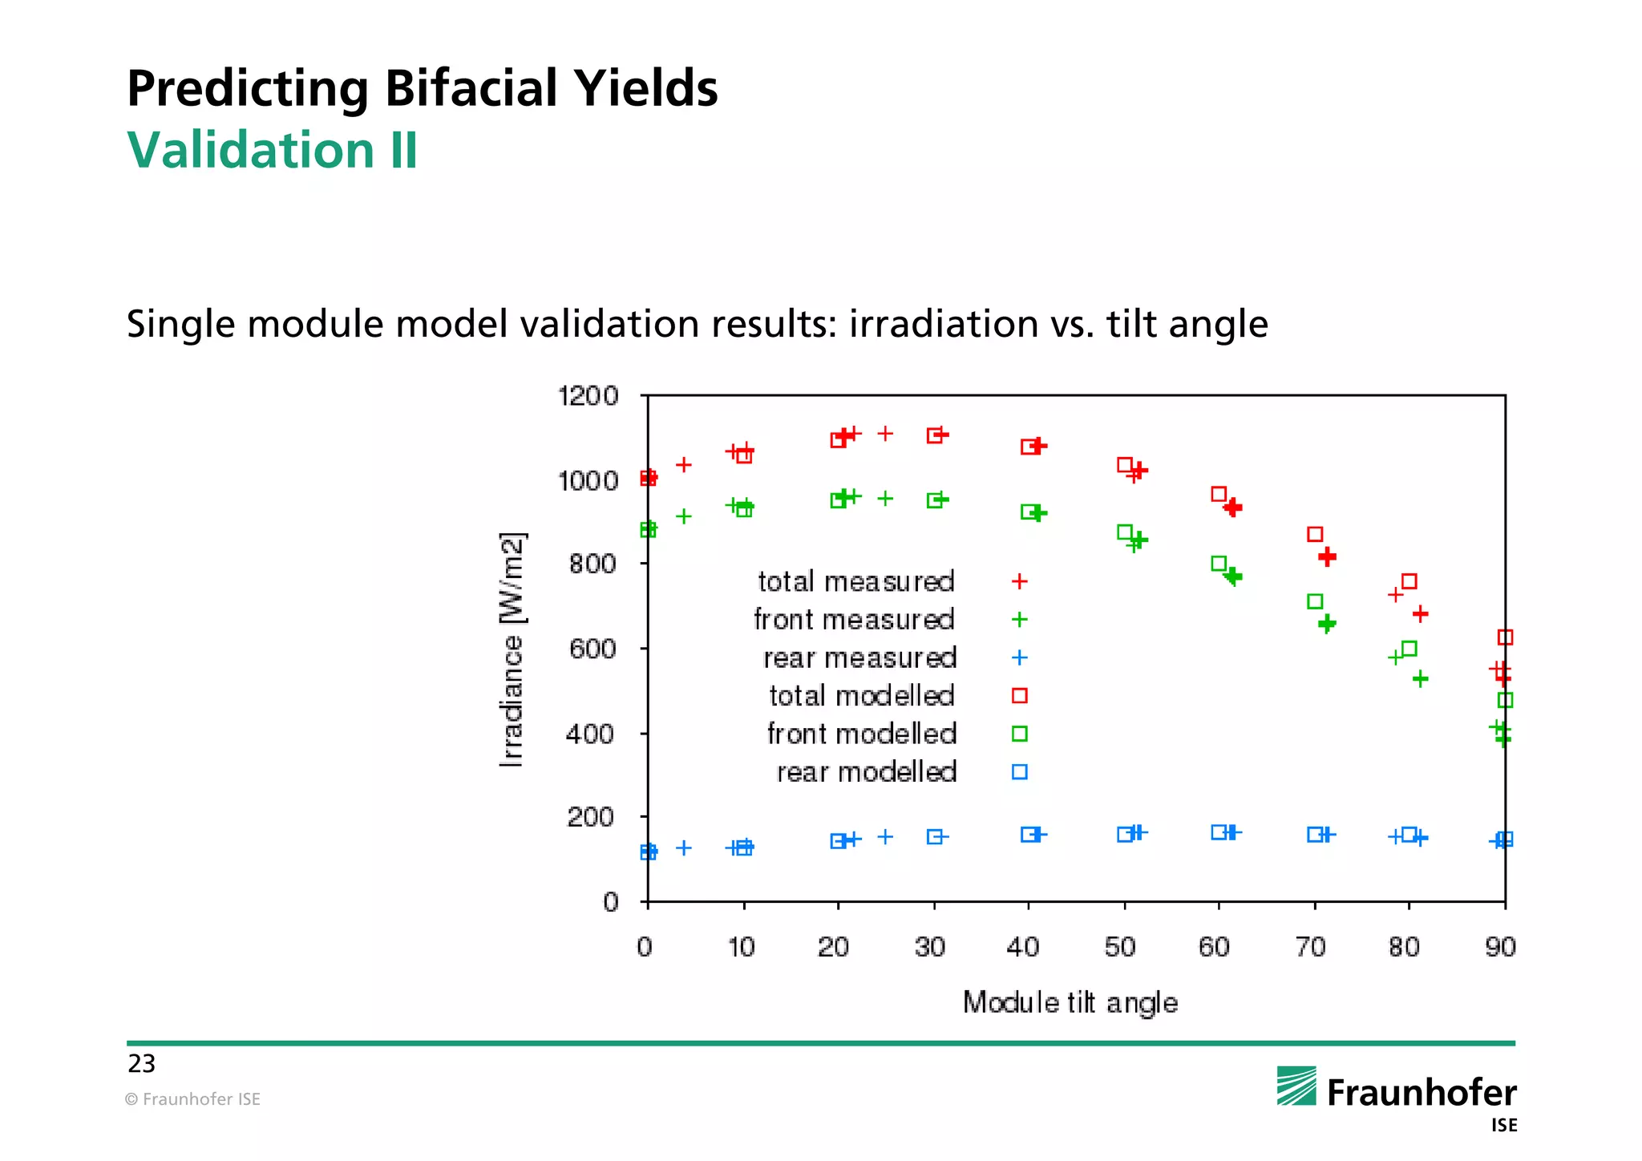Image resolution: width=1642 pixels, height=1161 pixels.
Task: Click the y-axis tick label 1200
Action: [588, 396]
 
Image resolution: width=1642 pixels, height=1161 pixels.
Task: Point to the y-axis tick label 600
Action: [592, 649]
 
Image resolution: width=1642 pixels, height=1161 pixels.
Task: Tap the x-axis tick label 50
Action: [1120, 948]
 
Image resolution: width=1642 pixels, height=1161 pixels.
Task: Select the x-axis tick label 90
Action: [1500, 948]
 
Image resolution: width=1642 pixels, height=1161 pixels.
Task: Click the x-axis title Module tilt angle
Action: [1070, 1003]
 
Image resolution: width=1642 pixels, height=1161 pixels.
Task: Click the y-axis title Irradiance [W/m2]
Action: [512, 649]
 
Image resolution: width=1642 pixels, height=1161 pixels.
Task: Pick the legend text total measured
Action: [856, 581]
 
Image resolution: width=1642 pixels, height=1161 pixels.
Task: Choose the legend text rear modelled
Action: [867, 772]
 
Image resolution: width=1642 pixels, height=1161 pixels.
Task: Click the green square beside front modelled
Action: [1020, 734]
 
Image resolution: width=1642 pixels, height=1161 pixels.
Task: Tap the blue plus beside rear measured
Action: [1020, 657]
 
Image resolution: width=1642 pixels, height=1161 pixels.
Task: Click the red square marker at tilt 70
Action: [1315, 534]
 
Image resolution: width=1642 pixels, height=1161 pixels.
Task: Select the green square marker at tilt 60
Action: [1219, 564]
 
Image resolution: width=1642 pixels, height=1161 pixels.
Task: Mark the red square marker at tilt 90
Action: [1505, 637]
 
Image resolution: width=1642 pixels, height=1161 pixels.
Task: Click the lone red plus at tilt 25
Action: [885, 434]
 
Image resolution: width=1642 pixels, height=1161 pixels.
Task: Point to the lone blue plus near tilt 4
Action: [684, 847]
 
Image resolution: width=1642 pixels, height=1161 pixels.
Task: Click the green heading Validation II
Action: [273, 150]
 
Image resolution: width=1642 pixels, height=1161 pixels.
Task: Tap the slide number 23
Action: [141, 1064]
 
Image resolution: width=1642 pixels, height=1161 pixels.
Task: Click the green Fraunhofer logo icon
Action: [1296, 1086]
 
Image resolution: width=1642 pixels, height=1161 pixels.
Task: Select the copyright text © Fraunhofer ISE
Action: [192, 1099]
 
